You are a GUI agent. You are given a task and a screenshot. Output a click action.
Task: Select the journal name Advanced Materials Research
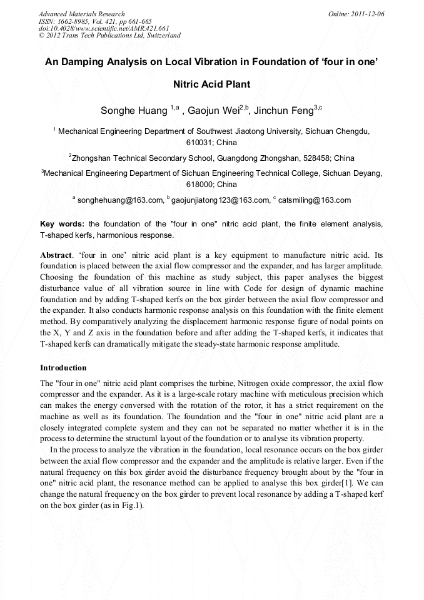pyautogui.click(x=82, y=14)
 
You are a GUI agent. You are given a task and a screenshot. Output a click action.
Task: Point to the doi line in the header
pyautogui.click(x=104, y=28)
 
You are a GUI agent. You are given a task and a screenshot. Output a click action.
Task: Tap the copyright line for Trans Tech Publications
pyautogui.click(x=109, y=36)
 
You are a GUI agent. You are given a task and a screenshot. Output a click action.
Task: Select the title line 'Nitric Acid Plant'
pyautogui.click(x=211, y=84)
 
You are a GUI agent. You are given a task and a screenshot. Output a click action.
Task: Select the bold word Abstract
pyautogui.click(x=56, y=255)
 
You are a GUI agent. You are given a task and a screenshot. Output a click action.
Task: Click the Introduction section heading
pyautogui.click(x=63, y=368)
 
